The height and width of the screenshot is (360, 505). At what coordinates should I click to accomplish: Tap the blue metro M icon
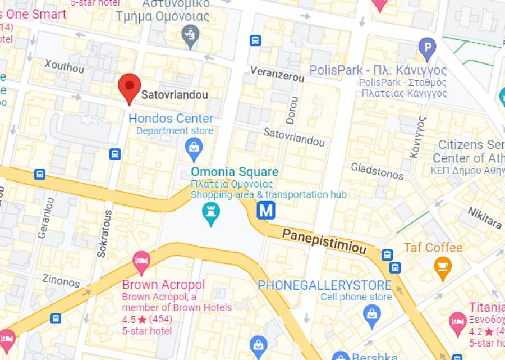pyautogui.click(x=266, y=211)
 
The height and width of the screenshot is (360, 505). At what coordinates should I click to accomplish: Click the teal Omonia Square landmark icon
pyautogui.click(x=211, y=215)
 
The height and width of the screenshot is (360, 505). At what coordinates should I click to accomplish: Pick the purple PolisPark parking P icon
pyautogui.click(x=428, y=48)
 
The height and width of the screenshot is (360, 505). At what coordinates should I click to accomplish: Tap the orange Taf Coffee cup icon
pyautogui.click(x=442, y=267)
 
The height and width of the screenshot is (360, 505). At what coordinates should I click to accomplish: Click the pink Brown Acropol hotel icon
pyautogui.click(x=141, y=261)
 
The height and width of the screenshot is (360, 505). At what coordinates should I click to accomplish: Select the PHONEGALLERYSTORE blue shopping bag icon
pyautogui.click(x=371, y=315)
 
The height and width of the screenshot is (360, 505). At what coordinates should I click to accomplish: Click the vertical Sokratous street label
pyautogui.click(x=104, y=234)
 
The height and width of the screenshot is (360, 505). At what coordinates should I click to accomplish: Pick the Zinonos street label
pyautogui.click(x=61, y=280)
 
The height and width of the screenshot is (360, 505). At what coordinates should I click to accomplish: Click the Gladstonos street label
pyautogui.click(x=377, y=171)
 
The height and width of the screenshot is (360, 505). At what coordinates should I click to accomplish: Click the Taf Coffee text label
pyautogui.click(x=433, y=248)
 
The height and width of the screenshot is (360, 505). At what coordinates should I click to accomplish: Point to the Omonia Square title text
pyautogui.click(x=235, y=172)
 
